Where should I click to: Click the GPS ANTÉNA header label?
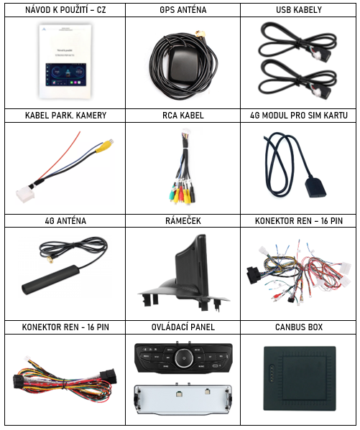(183, 10)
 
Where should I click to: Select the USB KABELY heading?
(298, 10)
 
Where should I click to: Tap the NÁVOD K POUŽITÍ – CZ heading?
(65, 10)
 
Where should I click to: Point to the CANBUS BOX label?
(299, 327)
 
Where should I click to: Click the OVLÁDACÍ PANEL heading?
(183, 327)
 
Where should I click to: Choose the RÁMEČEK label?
(183, 221)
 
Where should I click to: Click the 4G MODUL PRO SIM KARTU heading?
(299, 115)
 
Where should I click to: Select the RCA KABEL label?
(183, 115)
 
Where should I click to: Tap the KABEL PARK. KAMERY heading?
(65, 115)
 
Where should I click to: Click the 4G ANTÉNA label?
(65, 221)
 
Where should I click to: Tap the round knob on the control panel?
(183, 358)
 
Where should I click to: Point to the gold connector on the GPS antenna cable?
(200, 34)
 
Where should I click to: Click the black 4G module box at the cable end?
(315, 187)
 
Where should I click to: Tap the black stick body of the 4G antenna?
(50, 280)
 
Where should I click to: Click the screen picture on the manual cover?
(66, 75)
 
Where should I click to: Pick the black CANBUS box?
(300, 378)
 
